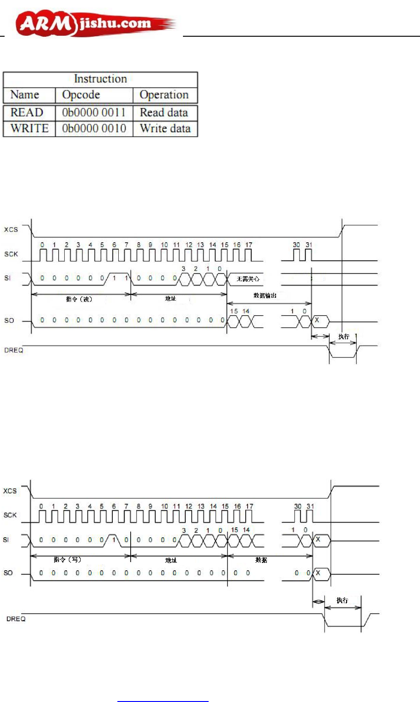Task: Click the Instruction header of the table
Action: point(100,79)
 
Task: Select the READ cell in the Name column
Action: point(27,112)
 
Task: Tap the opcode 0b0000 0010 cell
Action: point(94,128)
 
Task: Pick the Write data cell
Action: point(165,128)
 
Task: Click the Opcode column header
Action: point(81,95)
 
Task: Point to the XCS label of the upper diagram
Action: point(11,229)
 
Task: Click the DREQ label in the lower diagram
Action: point(16,619)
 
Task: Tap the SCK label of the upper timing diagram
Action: point(11,254)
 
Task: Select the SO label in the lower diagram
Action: point(8,573)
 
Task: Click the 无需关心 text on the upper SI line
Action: point(248,279)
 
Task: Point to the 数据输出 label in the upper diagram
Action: point(265,295)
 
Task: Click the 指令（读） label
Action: point(79,299)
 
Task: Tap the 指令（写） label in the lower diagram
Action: point(67,560)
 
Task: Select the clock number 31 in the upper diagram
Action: point(309,245)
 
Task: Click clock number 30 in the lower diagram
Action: point(298,507)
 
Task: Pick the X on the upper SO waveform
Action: point(317,320)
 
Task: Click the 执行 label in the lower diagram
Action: point(342,600)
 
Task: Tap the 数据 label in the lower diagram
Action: point(261,560)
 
